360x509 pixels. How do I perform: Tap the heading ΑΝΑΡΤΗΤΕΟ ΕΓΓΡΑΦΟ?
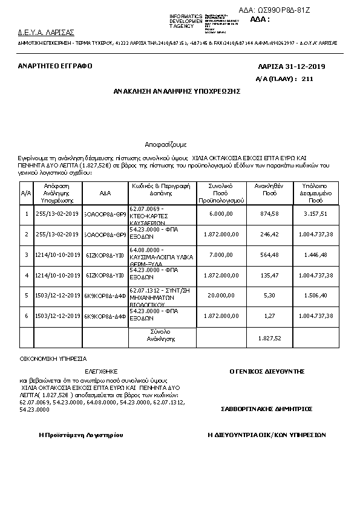pyautogui.click(x=55, y=66)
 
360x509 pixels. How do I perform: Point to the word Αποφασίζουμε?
pyautogui.click(x=166, y=146)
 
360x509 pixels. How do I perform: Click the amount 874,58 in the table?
pyautogui.click(x=269, y=213)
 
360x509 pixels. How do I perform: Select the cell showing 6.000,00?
pyautogui.click(x=221, y=213)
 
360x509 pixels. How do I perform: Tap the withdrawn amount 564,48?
pyautogui.click(x=269, y=254)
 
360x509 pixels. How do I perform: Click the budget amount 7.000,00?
pyautogui.click(x=221, y=254)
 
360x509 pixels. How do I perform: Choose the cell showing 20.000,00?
pyautogui.click(x=221, y=296)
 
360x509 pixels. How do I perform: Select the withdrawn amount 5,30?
pyautogui.click(x=269, y=296)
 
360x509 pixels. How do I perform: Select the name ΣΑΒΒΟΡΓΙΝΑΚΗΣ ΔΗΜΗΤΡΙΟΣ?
pyautogui.click(x=266, y=409)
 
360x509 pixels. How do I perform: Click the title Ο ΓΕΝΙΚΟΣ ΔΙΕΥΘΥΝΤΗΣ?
pyautogui.click(x=266, y=371)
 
